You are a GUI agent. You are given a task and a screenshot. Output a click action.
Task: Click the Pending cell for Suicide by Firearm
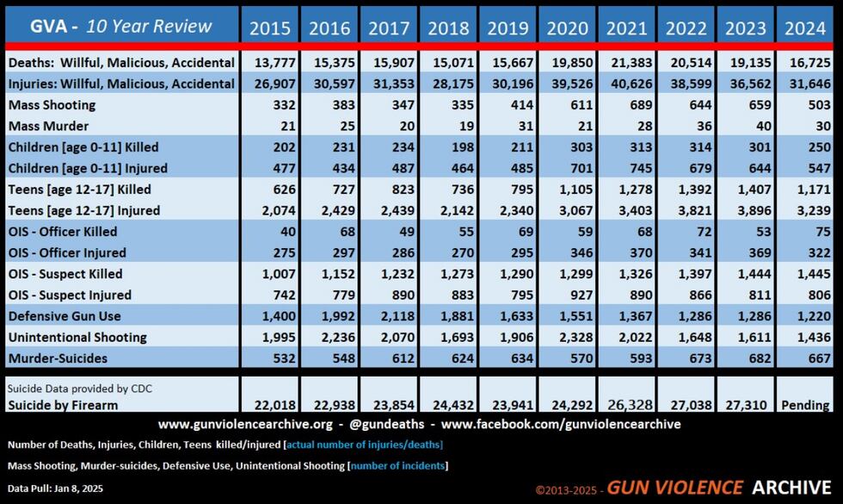coord(806,405)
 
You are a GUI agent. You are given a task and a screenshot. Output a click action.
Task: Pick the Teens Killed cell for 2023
coord(746,189)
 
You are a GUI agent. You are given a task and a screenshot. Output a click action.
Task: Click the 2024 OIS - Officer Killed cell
coord(806,231)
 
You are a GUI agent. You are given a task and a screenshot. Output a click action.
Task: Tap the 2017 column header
coord(389,28)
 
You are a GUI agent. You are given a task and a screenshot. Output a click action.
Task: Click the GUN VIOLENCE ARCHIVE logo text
coord(718,487)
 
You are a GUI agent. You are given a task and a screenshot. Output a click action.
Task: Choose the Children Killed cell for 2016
coord(329,146)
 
